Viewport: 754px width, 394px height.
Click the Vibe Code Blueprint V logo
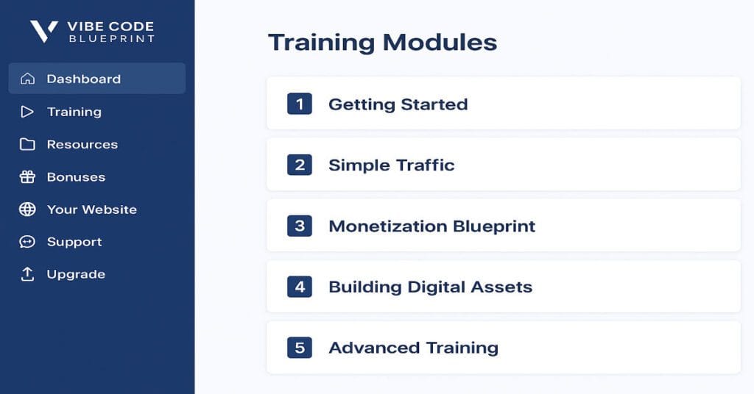tap(43, 30)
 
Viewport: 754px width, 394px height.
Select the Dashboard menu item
tap(83, 79)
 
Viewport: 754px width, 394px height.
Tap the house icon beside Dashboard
tap(27, 79)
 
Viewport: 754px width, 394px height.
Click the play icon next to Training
tap(27, 112)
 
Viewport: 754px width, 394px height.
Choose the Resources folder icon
tap(27, 144)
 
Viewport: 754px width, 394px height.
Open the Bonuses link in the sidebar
tap(76, 177)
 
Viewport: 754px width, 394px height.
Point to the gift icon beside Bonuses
tap(27, 177)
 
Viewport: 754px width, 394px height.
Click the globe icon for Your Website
tap(27, 209)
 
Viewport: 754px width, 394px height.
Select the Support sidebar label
tap(74, 242)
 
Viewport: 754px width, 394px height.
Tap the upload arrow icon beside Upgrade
tap(27, 274)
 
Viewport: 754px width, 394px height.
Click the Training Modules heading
tap(382, 42)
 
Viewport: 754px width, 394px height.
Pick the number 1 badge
tap(300, 104)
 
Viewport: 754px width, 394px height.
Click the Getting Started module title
tap(398, 104)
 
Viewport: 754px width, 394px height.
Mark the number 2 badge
tap(300, 165)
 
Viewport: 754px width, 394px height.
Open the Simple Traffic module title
tap(391, 165)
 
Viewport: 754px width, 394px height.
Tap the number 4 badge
tap(300, 287)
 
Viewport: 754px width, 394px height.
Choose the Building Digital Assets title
tap(430, 287)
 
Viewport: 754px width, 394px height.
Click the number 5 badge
tap(300, 348)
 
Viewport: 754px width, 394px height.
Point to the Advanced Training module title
tap(413, 348)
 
